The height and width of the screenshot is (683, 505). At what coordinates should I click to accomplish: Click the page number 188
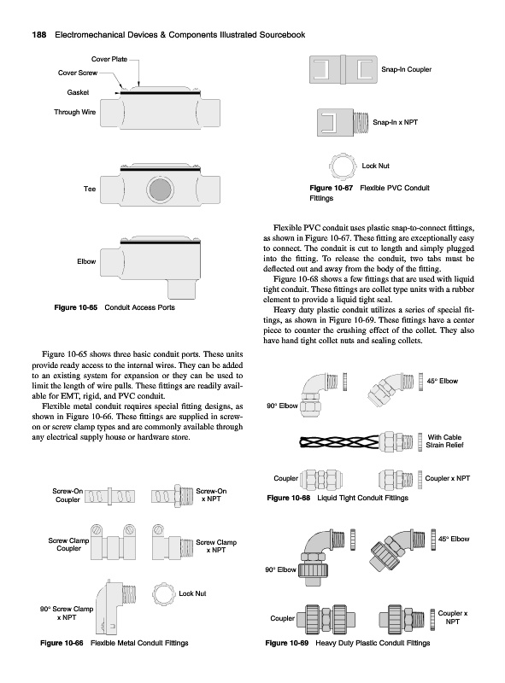[39, 35]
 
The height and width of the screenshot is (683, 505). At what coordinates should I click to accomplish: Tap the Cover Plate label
[109, 59]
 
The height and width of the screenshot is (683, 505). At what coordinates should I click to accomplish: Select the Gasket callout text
[78, 92]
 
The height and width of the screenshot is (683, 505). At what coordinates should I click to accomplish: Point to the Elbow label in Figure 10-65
[86, 261]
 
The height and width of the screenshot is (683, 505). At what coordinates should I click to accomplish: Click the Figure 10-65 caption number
[76, 307]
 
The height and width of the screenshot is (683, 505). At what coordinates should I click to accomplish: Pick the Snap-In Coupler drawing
[344, 69]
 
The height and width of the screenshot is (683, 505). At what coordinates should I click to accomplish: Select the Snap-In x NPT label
[395, 122]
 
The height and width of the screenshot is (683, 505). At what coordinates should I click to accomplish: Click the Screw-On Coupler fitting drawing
[109, 496]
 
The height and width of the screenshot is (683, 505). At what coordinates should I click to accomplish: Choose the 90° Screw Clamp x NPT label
[67, 613]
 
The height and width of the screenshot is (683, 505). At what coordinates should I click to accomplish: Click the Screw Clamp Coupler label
[68, 545]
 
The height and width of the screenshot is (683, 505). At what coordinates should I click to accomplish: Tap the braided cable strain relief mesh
[339, 441]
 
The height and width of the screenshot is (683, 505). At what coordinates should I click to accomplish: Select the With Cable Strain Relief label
[444, 441]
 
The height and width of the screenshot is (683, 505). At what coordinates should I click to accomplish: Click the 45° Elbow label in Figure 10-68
[443, 381]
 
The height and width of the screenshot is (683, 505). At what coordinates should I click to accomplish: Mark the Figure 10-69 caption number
[286, 643]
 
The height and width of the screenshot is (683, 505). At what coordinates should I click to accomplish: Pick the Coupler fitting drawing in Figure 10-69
[326, 618]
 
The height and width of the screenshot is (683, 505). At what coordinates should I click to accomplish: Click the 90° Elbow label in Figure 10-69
[280, 569]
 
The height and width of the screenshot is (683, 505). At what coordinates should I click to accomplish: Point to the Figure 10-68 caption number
[288, 498]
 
